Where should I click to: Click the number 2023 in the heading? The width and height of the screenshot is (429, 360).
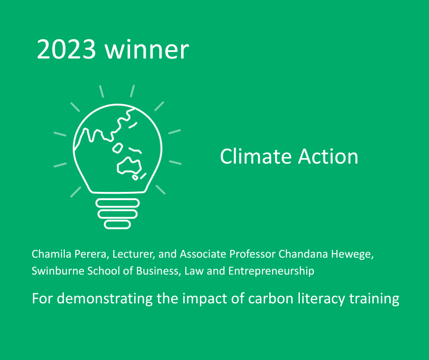pos(66,49)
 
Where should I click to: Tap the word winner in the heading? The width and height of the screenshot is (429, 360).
pos(147,49)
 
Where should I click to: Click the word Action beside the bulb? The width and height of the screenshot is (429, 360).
pos(328,156)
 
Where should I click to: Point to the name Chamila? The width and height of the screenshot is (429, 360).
pos(52,254)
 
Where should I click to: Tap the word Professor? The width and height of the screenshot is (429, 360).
pos(252,254)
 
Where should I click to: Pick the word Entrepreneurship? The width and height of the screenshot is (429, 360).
pos(271,271)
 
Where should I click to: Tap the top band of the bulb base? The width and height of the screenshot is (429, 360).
pos(118,203)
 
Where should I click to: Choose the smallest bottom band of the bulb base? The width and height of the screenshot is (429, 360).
pos(117,225)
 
